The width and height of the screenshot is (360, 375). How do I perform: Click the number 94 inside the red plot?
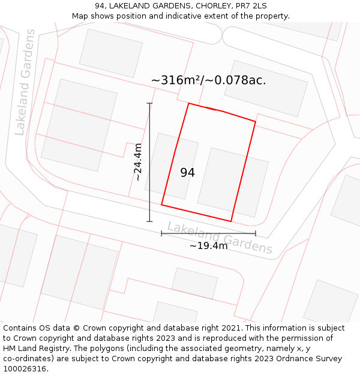[187, 173]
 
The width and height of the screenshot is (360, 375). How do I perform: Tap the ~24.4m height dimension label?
[138, 162]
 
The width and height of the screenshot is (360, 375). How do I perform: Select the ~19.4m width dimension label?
[209, 245]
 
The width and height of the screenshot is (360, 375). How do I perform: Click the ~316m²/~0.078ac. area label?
[208, 80]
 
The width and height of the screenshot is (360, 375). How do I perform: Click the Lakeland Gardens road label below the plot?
[220, 237]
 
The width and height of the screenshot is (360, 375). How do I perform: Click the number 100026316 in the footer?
[25, 369]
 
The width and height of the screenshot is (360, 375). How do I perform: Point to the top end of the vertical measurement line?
[149, 103]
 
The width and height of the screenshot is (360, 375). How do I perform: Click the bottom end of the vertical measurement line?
[149, 221]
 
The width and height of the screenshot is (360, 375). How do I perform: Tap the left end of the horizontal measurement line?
[161, 233]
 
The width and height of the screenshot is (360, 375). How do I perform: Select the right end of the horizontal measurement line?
[256, 233]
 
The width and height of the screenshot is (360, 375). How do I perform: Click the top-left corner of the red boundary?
[189, 103]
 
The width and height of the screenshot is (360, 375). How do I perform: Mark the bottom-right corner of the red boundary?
[231, 221]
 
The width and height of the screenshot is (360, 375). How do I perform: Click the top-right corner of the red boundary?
[256, 122]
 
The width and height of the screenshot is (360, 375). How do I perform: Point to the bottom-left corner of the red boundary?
[161, 205]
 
